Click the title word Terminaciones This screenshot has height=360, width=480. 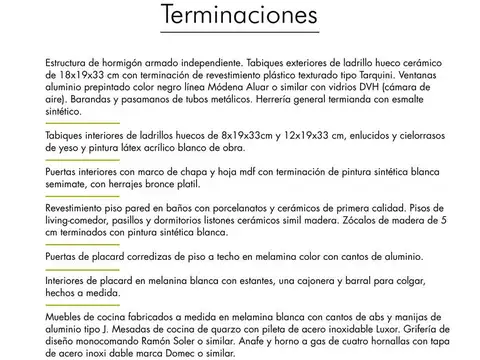point(240,17)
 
